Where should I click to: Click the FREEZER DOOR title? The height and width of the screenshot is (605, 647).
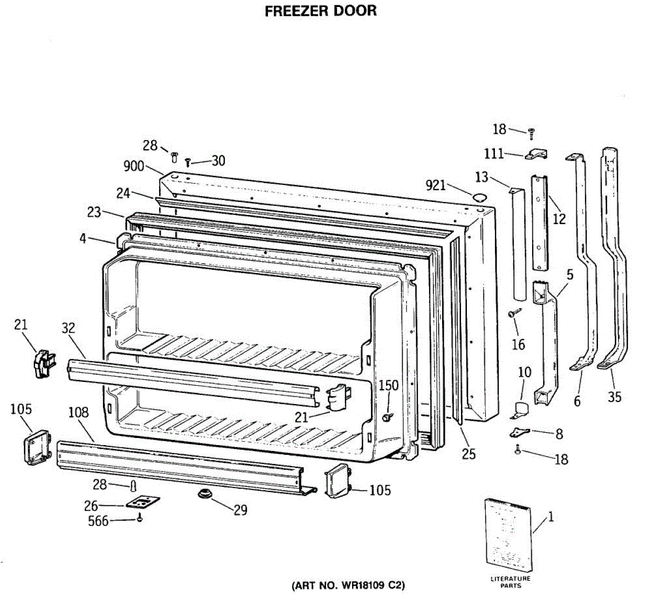(321, 11)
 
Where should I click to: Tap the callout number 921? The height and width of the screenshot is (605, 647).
(436, 185)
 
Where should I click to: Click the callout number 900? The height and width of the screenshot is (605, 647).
(134, 166)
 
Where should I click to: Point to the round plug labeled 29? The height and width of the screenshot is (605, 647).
(204, 493)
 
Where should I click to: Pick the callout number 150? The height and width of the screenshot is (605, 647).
(388, 385)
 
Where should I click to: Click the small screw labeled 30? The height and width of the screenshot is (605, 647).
(188, 162)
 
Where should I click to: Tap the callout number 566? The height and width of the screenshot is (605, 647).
(98, 521)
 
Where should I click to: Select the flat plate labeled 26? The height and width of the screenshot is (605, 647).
(143, 502)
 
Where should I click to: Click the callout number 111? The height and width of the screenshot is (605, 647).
(494, 154)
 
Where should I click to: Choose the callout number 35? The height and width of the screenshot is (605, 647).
(615, 397)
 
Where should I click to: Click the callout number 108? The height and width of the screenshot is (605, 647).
(78, 413)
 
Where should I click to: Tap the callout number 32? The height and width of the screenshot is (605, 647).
(68, 328)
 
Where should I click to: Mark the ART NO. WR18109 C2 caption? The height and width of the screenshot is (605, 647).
(348, 585)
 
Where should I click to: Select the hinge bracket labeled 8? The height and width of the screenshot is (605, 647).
(520, 432)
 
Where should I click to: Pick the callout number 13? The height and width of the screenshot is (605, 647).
(481, 177)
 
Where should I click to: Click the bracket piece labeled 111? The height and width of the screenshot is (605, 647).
(536, 155)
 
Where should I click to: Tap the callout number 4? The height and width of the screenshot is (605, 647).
(82, 238)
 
